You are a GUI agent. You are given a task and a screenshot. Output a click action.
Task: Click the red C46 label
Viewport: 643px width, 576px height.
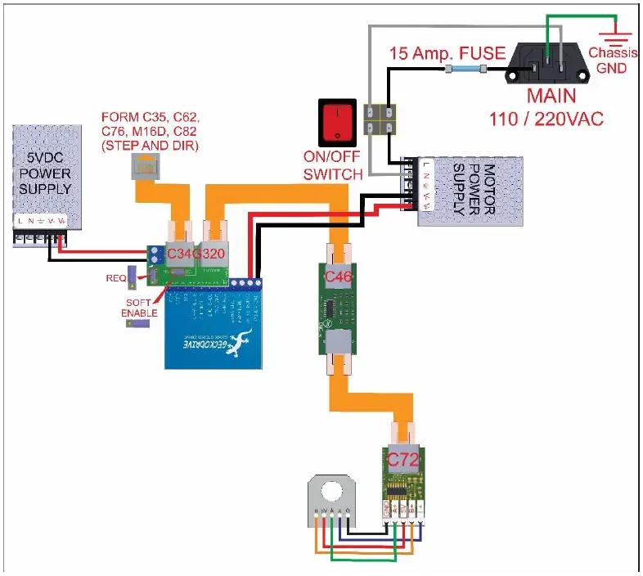tap(339, 278)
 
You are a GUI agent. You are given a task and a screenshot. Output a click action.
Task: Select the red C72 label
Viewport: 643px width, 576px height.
tap(402, 461)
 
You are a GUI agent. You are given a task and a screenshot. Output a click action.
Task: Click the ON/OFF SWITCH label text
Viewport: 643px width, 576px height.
tap(333, 167)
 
